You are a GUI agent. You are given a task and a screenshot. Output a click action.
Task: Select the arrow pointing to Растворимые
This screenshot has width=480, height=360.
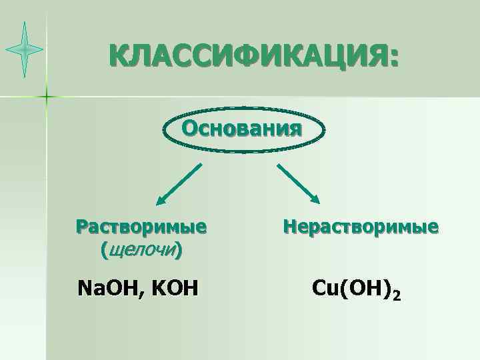coord(179,183)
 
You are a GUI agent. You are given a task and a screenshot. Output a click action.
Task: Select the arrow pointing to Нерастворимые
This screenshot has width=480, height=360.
coord(299,183)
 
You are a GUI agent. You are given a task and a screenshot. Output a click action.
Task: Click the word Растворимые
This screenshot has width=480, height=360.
coord(141,227)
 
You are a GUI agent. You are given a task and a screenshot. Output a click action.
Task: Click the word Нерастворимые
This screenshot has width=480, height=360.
coord(361,227)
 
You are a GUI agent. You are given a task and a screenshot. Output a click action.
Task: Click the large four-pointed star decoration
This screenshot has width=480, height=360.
coord(25,49)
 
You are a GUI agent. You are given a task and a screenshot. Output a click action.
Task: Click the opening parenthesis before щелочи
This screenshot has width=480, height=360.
coord(103,251)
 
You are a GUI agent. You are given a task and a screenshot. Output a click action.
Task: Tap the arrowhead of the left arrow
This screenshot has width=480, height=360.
coord(160,200)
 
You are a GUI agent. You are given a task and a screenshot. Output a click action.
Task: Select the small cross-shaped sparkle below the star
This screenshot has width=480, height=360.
coord(47,97)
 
